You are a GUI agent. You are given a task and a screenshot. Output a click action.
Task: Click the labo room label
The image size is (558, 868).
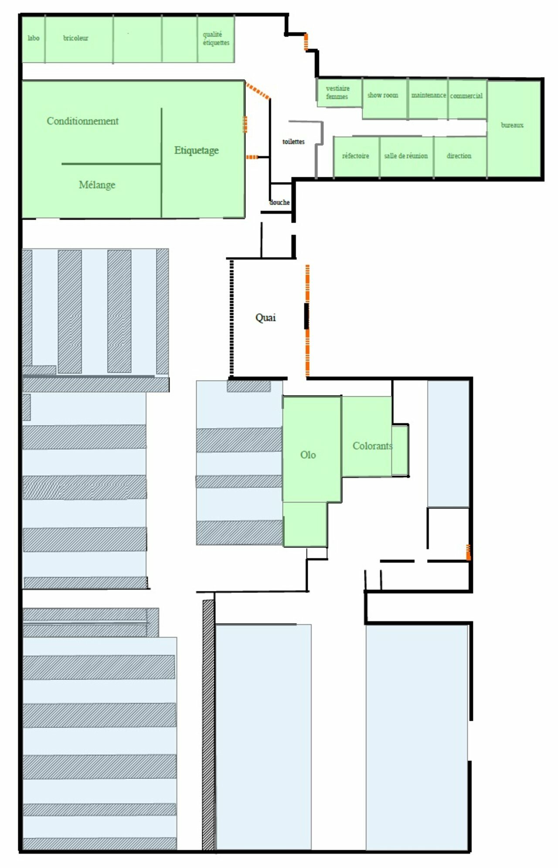tap(34, 38)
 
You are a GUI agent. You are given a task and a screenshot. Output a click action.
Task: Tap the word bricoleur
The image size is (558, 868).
tap(75, 38)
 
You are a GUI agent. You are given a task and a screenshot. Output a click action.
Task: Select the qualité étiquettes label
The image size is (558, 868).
tap(216, 38)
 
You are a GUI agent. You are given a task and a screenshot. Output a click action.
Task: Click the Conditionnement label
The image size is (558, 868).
tap(82, 121)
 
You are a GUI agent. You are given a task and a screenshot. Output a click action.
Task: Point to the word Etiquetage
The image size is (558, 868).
tap(197, 150)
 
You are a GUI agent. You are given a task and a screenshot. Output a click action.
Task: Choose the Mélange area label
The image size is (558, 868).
tap(97, 185)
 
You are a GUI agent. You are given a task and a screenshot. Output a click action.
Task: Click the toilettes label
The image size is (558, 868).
tap(293, 142)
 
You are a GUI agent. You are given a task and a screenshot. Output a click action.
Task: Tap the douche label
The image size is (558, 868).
tap(279, 202)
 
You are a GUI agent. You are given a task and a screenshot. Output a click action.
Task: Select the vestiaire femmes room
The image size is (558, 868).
tap(337, 92)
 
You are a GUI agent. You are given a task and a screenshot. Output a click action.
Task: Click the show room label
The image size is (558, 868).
tap(383, 95)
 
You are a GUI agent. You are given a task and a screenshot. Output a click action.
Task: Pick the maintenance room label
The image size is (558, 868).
tap(429, 95)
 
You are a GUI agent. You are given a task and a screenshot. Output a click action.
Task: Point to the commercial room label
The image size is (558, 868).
tap(466, 95)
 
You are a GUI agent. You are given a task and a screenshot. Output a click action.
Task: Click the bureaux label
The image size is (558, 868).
tap(512, 125)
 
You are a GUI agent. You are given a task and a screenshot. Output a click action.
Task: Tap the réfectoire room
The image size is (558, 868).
tap(355, 155)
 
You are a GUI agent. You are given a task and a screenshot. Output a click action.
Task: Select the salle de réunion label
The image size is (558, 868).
tap(406, 155)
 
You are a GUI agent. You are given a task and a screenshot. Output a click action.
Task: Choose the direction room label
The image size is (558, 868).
tap(459, 155)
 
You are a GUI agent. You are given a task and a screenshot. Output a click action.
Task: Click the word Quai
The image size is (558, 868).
tap(265, 317)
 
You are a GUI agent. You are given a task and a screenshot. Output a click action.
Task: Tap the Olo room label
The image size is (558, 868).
tap(308, 455)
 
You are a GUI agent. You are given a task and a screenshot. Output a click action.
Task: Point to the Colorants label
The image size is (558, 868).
tap(373, 446)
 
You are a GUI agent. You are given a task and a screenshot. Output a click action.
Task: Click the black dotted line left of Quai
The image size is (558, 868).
tap(231, 318)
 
